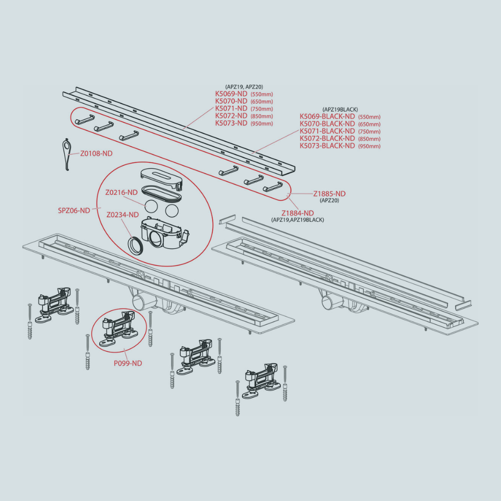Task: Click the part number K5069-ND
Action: pyautogui.click(x=231, y=94)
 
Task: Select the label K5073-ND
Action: pyautogui.click(x=231, y=123)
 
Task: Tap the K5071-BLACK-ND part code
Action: pyautogui.click(x=327, y=131)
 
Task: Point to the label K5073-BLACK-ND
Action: pyautogui.click(x=327, y=146)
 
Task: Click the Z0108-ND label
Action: pyautogui.click(x=96, y=154)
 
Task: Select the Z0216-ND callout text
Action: pyautogui.click(x=121, y=192)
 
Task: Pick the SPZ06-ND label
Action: pyautogui.click(x=74, y=210)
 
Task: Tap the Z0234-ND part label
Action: pyautogui.click(x=123, y=215)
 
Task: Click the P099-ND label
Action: pyautogui.click(x=128, y=363)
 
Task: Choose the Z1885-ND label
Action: pyautogui.click(x=330, y=193)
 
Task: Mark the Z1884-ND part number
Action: pyautogui.click(x=298, y=213)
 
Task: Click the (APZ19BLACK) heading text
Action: pyautogui.click(x=340, y=110)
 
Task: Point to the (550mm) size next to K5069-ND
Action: pyautogui.click(x=262, y=95)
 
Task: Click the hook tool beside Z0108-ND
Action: pyautogui.click(x=67, y=155)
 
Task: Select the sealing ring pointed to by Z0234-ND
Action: pyautogui.click(x=135, y=245)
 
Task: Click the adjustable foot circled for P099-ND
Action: pyautogui.click(x=119, y=329)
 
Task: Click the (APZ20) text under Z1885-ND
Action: pyautogui.click(x=330, y=201)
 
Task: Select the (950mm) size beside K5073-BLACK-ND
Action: pyautogui.click(x=369, y=146)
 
